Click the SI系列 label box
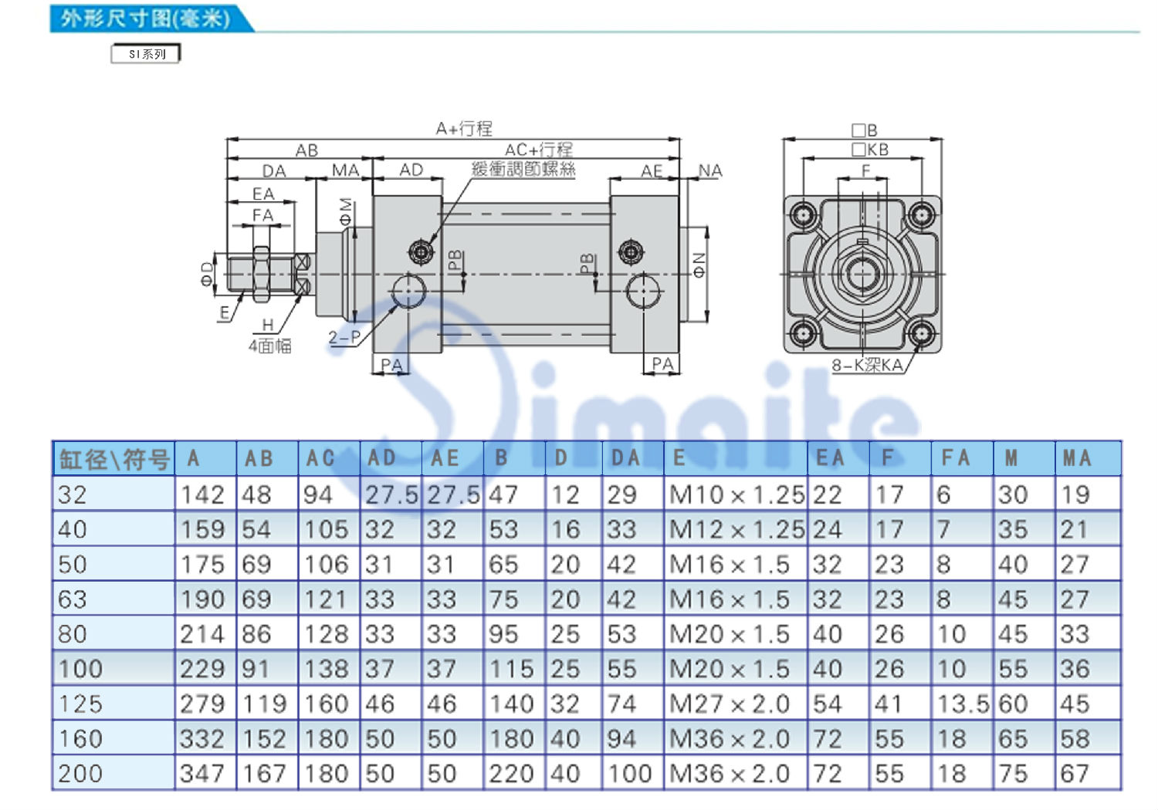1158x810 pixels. coord(146,54)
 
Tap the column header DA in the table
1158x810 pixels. coord(626,457)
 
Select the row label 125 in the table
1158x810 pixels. coord(80,704)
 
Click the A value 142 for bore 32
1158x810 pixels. coord(202,495)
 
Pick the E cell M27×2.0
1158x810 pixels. coord(730,704)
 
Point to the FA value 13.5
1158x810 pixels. coord(963,704)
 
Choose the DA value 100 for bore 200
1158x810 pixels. coord(629,773)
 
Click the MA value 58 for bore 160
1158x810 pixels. coord(1075,739)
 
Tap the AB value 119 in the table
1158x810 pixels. coord(264,704)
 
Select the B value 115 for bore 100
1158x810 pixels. coord(511,669)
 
